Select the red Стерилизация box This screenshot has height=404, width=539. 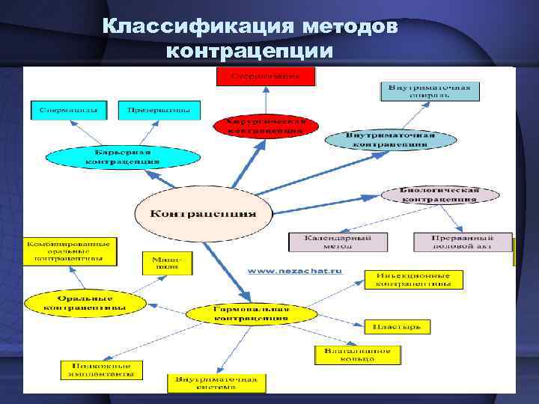(x=266, y=76)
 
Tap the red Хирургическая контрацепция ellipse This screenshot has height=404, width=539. (x=266, y=126)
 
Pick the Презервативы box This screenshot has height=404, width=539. (x=159, y=110)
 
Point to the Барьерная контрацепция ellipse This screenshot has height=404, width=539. (x=124, y=156)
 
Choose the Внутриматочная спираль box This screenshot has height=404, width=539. (x=429, y=91)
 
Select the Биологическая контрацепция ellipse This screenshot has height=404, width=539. (x=439, y=195)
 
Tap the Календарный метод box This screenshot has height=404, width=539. (x=338, y=242)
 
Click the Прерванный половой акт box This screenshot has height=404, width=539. (x=462, y=242)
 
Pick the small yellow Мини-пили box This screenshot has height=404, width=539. (x=166, y=263)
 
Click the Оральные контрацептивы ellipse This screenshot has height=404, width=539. (x=84, y=302)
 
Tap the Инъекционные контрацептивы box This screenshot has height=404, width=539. (x=413, y=280)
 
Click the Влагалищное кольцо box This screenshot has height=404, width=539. (x=357, y=355)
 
